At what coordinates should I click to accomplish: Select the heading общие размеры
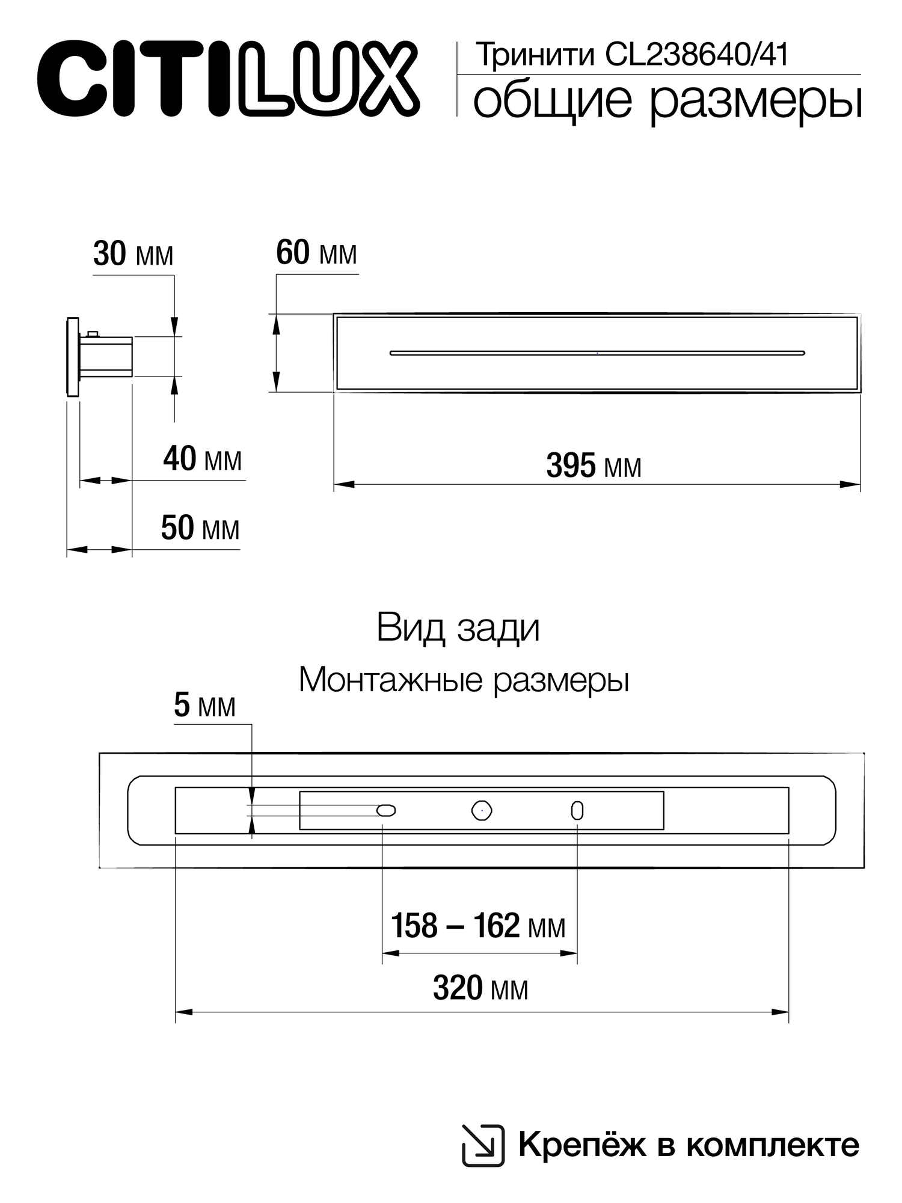coord(667,100)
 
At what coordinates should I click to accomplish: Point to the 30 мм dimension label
coord(133,254)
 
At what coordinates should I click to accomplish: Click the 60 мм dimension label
coord(316,253)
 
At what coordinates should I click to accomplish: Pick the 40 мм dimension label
coord(202,460)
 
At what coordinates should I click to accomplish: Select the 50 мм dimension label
coord(200,529)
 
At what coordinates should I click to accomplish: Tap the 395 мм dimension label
coord(594,466)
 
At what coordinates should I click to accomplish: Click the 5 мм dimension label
coord(204,706)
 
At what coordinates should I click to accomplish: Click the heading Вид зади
coord(458,629)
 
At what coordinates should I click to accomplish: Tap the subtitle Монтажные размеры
coord(464,680)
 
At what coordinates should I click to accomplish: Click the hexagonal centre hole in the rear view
coord(482,811)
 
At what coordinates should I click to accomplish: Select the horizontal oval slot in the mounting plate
coord(386,811)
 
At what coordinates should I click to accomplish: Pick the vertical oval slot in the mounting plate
coord(577,811)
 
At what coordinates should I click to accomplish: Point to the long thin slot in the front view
coord(597,353)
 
